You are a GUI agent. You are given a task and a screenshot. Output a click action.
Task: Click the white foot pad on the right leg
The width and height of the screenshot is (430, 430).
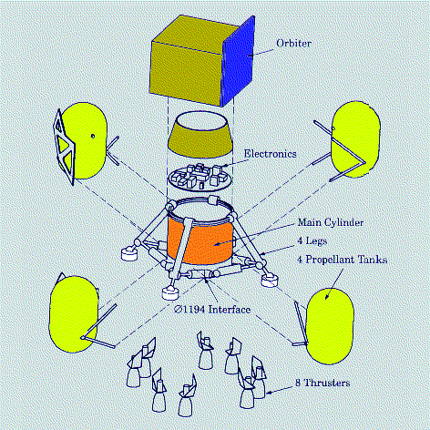pos(270,277)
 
